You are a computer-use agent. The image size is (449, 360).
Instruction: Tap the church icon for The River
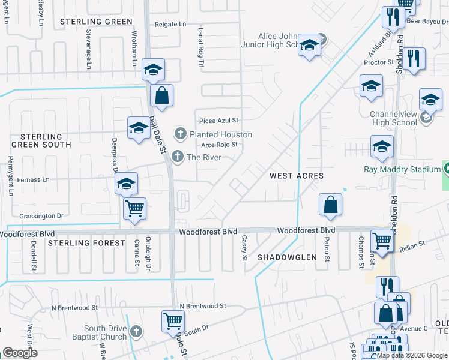coord(177,157)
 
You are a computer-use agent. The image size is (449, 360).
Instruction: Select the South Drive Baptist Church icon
coord(136,331)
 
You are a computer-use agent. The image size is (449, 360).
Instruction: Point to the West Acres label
coord(297,176)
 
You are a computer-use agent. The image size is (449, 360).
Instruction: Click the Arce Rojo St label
coord(220,145)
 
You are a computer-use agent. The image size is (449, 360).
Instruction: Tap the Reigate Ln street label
coord(170,25)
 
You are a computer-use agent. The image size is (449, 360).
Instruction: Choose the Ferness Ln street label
coord(34,179)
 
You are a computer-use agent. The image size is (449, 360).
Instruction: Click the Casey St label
coord(244,248)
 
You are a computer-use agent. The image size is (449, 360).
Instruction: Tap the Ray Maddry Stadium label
coord(402,169)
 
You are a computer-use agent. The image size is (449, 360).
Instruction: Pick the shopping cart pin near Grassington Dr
coord(135,209)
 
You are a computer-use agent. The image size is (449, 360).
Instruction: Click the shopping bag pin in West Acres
coord(330,205)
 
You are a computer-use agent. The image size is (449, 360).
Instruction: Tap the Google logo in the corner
coord(20,353)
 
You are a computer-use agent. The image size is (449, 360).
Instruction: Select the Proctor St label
coord(378,62)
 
